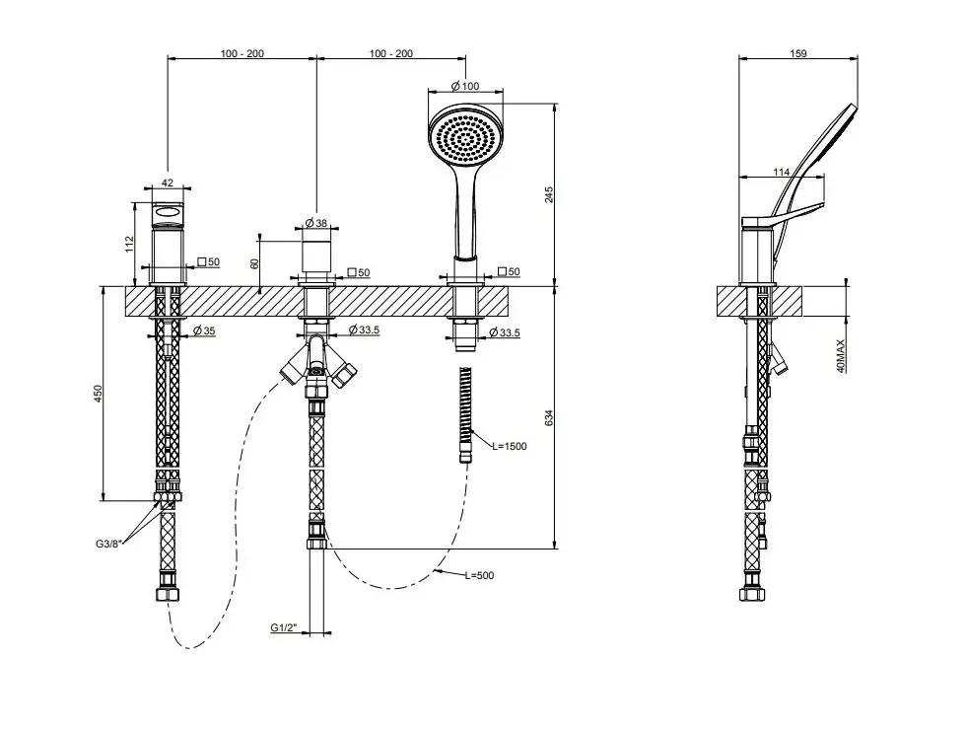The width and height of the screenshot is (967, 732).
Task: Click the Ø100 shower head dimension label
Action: click(x=465, y=86)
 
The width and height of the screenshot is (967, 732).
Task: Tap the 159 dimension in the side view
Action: click(x=798, y=53)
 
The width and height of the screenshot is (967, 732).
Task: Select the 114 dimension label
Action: click(x=782, y=173)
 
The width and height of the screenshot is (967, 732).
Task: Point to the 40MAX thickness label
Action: click(x=841, y=356)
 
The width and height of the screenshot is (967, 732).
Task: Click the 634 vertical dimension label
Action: click(x=549, y=418)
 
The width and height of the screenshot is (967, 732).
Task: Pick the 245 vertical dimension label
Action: click(x=549, y=195)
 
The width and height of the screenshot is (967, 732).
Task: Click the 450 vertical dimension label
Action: click(x=98, y=394)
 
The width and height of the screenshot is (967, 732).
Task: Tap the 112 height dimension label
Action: click(x=129, y=244)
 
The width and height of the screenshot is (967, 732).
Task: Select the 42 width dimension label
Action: click(x=168, y=183)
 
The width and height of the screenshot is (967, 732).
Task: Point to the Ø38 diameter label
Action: click(x=315, y=223)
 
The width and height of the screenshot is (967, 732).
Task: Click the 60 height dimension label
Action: click(x=255, y=263)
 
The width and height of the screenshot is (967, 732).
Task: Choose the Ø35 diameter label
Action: click(x=204, y=330)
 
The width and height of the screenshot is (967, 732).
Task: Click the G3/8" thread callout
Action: click(x=109, y=544)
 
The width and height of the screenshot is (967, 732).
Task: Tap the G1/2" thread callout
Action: click(x=284, y=628)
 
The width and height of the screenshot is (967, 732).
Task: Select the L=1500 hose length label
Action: click(x=510, y=446)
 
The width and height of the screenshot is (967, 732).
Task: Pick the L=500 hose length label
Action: click(x=479, y=575)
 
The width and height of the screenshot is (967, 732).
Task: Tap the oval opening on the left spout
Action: click(x=168, y=213)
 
